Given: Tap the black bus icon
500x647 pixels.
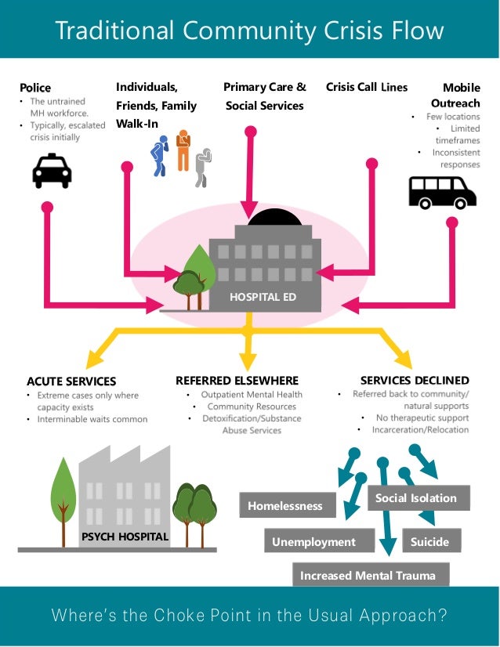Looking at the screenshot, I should click(442, 191).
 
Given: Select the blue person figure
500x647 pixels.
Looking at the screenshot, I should click(160, 155).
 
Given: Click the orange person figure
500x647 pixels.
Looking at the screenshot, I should click(183, 150).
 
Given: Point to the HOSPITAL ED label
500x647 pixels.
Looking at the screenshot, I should click(263, 298).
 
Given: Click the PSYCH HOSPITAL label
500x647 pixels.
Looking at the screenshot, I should click(125, 537).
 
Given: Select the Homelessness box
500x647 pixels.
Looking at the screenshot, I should click(285, 506).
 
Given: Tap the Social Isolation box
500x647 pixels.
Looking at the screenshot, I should click(415, 498).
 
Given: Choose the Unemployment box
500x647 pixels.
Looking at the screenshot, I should click(313, 542).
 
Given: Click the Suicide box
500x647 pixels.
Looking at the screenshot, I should click(429, 541).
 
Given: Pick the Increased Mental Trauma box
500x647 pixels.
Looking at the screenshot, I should click(368, 576).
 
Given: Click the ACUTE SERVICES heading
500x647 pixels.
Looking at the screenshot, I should click(71, 381).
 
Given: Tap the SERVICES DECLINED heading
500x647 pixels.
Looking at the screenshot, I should click(415, 381).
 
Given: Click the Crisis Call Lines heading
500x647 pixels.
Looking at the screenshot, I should click(367, 87).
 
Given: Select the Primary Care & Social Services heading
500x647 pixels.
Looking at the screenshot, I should click(265, 96).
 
